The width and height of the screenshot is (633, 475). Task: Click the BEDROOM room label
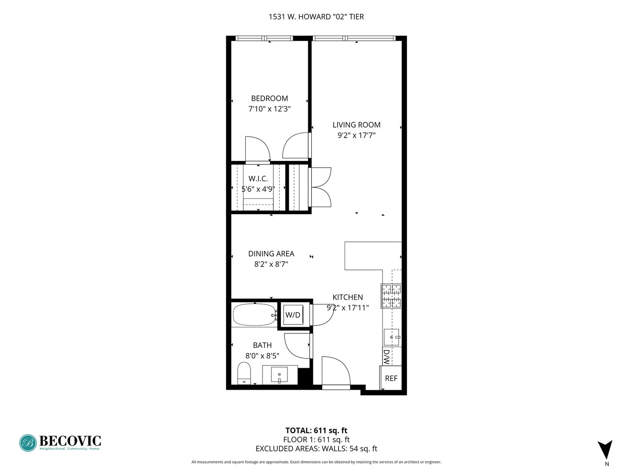(269, 99)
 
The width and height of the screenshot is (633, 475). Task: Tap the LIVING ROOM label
(357, 125)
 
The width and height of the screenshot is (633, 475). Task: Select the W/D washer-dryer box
(293, 314)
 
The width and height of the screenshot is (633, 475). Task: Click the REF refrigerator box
(391, 378)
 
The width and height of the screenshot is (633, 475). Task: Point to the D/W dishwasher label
(386, 356)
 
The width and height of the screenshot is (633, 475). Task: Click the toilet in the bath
(244, 373)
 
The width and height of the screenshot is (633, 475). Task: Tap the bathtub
(255, 315)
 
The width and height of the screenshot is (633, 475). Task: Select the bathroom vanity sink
(279, 374)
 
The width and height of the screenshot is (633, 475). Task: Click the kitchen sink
(391, 337)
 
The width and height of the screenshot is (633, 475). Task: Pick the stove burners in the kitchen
(391, 296)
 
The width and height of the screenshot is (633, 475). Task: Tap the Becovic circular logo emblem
(28, 443)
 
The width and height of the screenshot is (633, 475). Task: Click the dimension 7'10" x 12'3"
(269, 109)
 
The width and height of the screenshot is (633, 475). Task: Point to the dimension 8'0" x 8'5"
(262, 356)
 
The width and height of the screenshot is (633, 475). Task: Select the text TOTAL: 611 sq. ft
(316, 430)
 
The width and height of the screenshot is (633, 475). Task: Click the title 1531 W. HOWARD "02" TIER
(316, 17)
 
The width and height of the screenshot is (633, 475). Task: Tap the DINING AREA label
(271, 254)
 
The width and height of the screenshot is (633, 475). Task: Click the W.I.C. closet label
(258, 179)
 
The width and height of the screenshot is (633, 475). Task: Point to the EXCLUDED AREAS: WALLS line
(316, 449)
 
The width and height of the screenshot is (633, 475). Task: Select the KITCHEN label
(348, 297)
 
